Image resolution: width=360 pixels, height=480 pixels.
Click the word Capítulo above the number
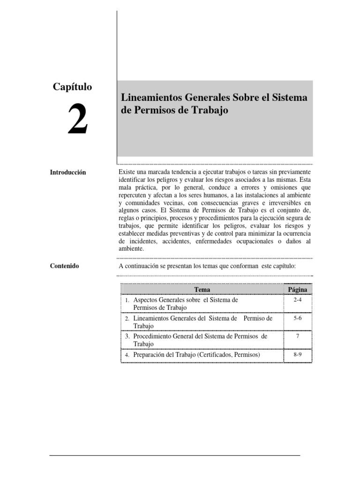(72, 87)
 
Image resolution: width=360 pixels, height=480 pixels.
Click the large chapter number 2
(77, 120)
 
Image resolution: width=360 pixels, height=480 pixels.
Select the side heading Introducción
(68, 172)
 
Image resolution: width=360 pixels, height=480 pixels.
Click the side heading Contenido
(65, 266)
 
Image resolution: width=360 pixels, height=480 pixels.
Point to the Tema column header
(202, 290)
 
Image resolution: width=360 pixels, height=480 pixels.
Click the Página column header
(298, 290)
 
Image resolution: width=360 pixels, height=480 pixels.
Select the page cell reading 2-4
(297, 300)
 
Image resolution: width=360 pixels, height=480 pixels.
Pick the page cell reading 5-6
(297, 318)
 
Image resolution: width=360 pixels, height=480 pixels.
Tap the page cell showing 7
(297, 337)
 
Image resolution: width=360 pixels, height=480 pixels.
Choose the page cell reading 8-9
(297, 355)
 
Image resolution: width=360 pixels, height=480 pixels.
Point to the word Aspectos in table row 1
(146, 300)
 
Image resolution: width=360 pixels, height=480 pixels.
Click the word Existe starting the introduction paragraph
(128, 172)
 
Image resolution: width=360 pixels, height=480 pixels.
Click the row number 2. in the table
(127, 319)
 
